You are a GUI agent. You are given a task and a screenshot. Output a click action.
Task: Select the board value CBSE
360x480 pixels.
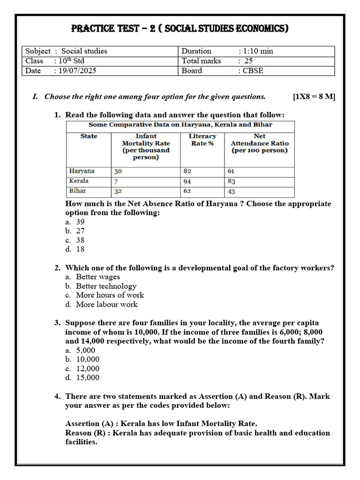tap(254, 71)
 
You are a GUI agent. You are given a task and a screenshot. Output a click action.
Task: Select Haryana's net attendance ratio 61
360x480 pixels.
tap(231, 172)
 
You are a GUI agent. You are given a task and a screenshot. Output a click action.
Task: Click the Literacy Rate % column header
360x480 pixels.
tap(202, 140)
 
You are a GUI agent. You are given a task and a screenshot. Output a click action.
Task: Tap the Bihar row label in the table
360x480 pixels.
tap(77, 191)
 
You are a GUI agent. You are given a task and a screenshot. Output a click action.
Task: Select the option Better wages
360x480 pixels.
tap(97, 277)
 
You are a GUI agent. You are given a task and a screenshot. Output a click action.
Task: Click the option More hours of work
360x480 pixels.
tap(110, 295)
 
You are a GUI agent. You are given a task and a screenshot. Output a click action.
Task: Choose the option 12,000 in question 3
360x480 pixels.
tap(87, 368)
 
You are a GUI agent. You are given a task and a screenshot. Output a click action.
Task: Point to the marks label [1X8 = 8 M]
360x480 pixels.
tap(314, 97)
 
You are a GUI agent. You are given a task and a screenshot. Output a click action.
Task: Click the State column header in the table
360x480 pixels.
tap(89, 136)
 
